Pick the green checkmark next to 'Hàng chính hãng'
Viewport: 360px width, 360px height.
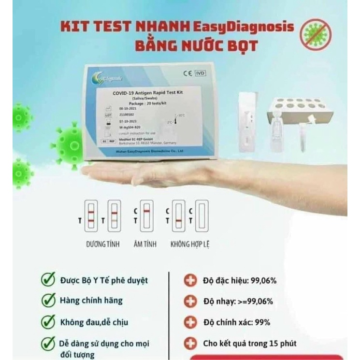point(48,300)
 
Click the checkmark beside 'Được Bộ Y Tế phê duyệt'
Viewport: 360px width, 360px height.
point(48,279)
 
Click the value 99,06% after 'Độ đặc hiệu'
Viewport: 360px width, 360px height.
point(261,281)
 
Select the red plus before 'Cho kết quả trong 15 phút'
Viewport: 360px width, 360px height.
point(191,344)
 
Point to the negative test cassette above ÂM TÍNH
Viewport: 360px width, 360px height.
point(148,215)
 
